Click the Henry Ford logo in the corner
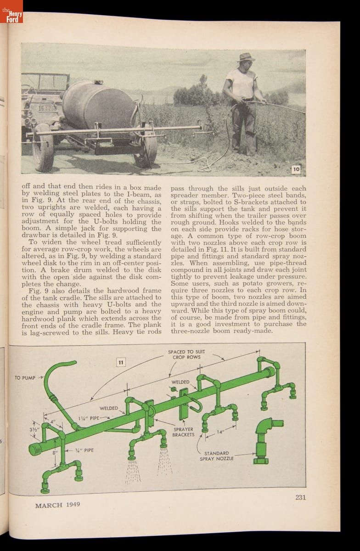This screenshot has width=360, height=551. pos(11,11)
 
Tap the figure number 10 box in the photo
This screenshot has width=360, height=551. pos(296,169)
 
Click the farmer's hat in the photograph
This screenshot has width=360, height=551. pos(246,57)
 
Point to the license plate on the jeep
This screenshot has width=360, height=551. pos(46,109)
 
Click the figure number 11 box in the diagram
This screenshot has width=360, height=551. pos(121,363)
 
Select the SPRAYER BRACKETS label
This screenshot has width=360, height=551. pos(183,432)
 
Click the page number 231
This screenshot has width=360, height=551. pos(300,497)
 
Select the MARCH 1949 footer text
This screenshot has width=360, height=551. pos(57,505)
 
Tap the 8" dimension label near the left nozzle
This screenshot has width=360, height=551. pos(55,452)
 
